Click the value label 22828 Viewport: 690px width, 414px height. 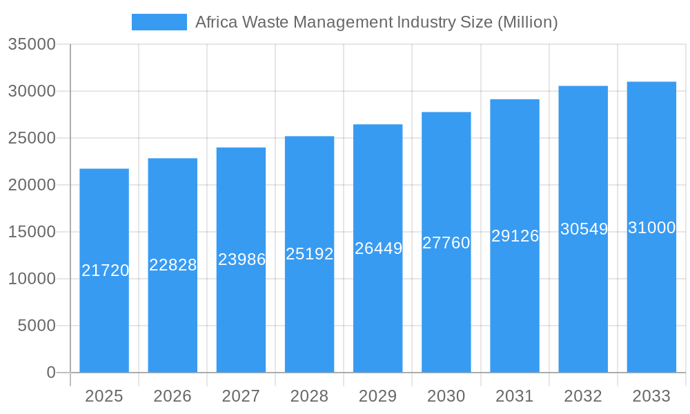[173, 265]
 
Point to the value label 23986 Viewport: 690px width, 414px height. [241, 259]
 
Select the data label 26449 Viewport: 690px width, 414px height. [378, 248]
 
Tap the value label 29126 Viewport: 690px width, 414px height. [515, 236]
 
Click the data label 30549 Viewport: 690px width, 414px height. [584, 229]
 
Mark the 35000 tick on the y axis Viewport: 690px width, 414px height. [31, 44]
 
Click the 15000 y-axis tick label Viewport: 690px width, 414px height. [31, 232]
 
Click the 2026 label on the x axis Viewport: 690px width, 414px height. [172, 396]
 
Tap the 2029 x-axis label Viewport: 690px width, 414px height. [378, 396]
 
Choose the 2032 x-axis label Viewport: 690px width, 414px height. [583, 396]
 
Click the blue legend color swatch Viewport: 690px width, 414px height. [159, 22]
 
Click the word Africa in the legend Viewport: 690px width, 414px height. [216, 22]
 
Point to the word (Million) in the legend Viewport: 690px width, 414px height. [527, 22]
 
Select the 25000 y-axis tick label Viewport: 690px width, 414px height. [31, 138]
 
